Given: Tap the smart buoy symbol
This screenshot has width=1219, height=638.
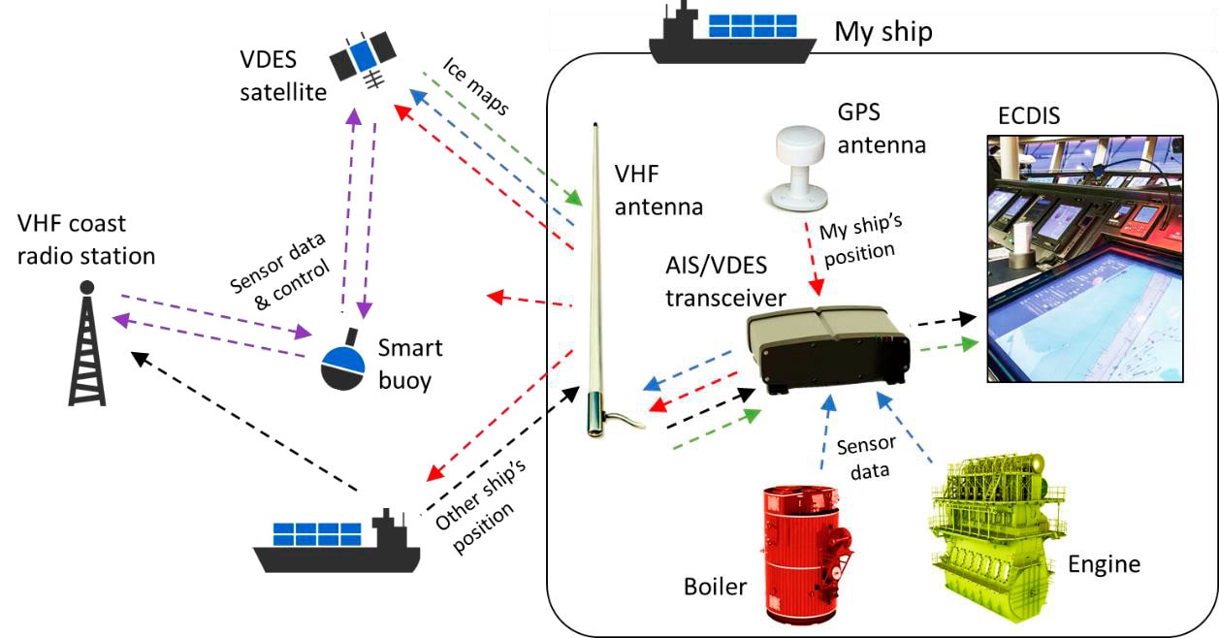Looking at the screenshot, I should pos(348,365).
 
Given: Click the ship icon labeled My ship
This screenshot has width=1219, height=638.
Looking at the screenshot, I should pos(732,35).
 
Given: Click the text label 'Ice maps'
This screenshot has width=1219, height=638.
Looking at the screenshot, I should pos(476,86).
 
